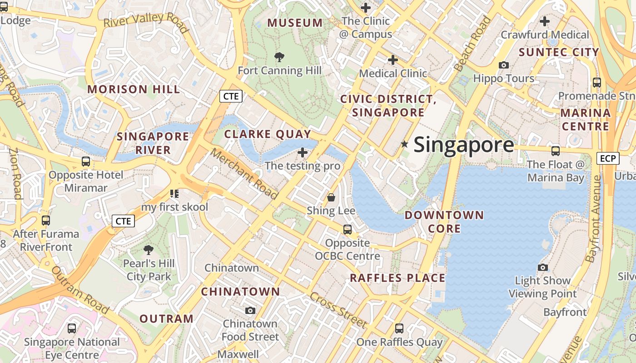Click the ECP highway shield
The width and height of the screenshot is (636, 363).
pyautogui.click(x=608, y=158)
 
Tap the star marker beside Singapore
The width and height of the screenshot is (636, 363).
pyautogui.click(x=404, y=144)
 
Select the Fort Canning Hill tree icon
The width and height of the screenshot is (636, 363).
pyautogui.click(x=279, y=57)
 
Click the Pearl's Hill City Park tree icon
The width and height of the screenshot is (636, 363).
pyautogui.click(x=148, y=250)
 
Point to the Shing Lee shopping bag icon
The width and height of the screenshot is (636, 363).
pyautogui.click(x=331, y=197)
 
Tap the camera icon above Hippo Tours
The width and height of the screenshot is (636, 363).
pyautogui.click(x=503, y=65)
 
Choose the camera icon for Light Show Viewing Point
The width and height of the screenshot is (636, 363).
pyautogui.click(x=542, y=267)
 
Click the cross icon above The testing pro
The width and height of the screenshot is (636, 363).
pyautogui.click(x=303, y=152)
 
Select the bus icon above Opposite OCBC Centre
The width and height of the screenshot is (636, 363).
pyautogui.click(x=348, y=230)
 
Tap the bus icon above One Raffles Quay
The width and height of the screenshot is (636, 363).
pyautogui.click(x=399, y=328)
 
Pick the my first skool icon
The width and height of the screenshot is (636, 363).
pyautogui.click(x=174, y=194)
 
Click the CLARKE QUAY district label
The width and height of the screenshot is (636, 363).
pyautogui.click(x=268, y=134)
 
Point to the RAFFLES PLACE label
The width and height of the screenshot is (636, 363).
pyautogui.click(x=397, y=278)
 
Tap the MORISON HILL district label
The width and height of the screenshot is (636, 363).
pyautogui.click(x=134, y=89)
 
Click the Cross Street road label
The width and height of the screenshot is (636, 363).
pyautogui.click(x=338, y=310)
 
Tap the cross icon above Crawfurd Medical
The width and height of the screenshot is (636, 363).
pyautogui.click(x=544, y=21)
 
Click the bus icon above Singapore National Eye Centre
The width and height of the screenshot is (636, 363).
pyautogui.click(x=71, y=329)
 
